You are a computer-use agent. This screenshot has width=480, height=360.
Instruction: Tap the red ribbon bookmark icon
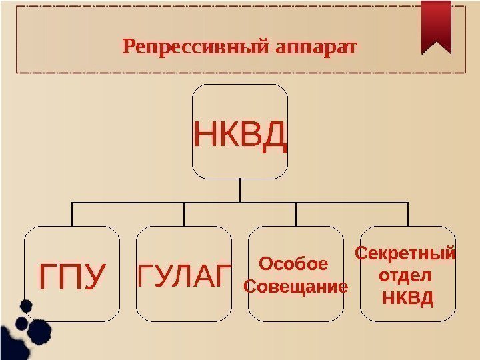[x=437, y=25]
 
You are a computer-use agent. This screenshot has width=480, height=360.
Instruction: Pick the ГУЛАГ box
[x=184, y=275]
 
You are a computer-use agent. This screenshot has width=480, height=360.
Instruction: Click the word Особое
[x=293, y=264]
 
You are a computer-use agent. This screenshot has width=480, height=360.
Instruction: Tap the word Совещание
[x=297, y=287]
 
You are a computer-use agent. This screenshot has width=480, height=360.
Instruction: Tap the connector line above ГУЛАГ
[x=184, y=214]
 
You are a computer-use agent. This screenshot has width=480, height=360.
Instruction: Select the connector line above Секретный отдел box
[x=407, y=214]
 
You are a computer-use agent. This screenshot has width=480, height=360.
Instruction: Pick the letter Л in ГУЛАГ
[x=183, y=275]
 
